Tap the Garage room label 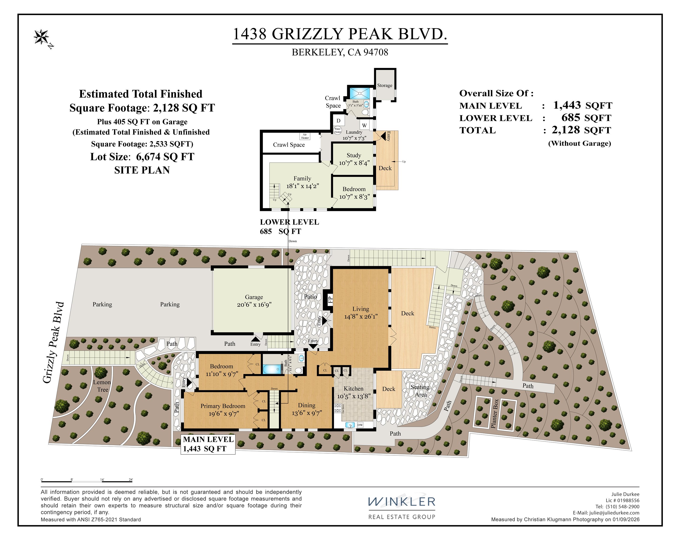point(254,297)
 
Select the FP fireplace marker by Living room point(330,299)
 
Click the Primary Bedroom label point(223,406)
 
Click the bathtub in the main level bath point(272,369)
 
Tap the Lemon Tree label point(102,386)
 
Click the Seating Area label point(420,390)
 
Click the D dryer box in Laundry point(338,120)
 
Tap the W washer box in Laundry point(364,125)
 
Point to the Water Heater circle point(338,130)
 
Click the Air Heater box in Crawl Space point(305,136)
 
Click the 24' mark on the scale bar point(131,480)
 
